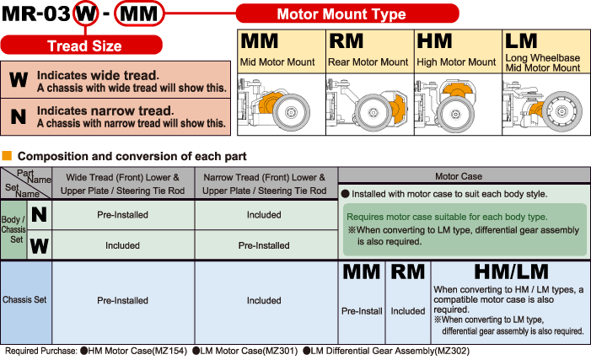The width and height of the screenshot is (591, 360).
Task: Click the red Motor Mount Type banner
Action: pos(341,14)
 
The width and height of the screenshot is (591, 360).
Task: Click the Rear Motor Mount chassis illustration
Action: pos(369,104)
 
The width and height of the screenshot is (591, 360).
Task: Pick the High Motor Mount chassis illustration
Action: pos(458,104)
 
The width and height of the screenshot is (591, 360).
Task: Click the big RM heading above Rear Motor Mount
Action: pos(348,41)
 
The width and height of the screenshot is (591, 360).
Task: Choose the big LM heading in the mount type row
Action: pos(522,40)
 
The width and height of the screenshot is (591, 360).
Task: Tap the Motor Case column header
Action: pos(459,176)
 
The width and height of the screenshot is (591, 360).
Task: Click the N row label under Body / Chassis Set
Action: pos(39,216)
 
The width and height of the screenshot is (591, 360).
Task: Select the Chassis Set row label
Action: pos(26,300)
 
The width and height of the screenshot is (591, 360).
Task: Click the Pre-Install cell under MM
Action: pos(362,310)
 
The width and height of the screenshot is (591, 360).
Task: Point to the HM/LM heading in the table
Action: pos(507,273)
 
